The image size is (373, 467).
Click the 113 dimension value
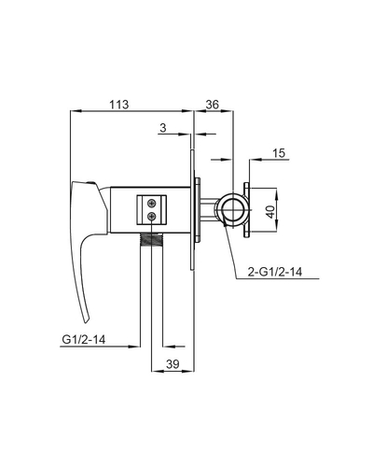tap(118, 105)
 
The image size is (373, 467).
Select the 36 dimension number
tap(213, 105)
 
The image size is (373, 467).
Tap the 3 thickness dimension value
tap(163, 128)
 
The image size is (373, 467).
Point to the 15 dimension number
tap(279, 153)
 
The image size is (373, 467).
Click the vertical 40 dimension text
tap(271, 212)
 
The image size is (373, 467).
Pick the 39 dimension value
tap(173, 363)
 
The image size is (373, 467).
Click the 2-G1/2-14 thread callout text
tap(275, 272)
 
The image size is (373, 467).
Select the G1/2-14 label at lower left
tap(84, 339)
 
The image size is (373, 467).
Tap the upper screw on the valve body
tap(152, 203)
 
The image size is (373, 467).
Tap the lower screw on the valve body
tap(152, 216)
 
